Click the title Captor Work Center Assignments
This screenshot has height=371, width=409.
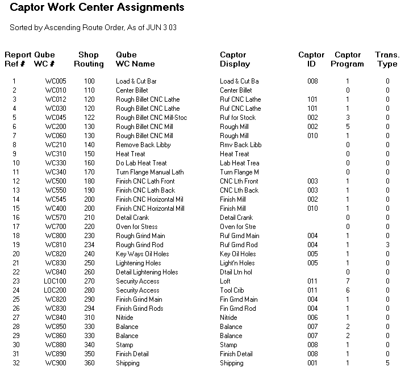(x=97, y=8)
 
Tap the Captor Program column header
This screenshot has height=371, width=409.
(x=348, y=60)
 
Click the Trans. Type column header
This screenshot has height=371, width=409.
(x=387, y=60)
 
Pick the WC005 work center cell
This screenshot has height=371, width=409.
(x=56, y=81)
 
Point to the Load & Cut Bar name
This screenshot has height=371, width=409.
(x=136, y=81)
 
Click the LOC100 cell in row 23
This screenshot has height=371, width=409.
(x=55, y=281)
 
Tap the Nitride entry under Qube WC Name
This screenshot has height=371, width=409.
(x=124, y=318)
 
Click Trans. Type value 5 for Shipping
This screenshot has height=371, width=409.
(x=387, y=363)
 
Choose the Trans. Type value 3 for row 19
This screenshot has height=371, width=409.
(x=387, y=245)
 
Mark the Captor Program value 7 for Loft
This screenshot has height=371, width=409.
(x=348, y=281)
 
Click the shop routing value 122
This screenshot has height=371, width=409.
(x=89, y=118)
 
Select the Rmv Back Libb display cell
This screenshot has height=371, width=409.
(x=240, y=145)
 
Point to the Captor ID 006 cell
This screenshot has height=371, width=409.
(x=312, y=318)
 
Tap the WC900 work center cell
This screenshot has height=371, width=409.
(x=56, y=363)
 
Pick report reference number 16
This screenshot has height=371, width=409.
(x=15, y=218)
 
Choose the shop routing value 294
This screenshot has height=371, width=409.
(x=89, y=309)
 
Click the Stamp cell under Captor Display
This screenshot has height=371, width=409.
(x=228, y=345)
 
